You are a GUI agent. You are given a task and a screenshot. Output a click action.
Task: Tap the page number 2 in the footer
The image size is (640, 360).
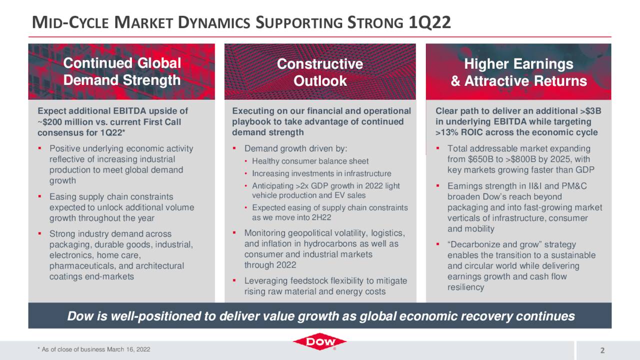click(602, 349)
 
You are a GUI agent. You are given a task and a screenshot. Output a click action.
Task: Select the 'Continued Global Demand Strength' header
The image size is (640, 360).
click(121, 71)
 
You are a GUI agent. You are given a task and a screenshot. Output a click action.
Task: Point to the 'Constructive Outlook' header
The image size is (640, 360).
click(320, 72)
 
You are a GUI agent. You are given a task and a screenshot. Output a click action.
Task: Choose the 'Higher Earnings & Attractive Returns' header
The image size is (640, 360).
click(518, 72)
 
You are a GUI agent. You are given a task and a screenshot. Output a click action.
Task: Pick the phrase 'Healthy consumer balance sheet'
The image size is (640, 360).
click(310, 161)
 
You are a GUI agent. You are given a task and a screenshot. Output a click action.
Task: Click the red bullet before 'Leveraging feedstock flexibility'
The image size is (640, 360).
click(234, 281)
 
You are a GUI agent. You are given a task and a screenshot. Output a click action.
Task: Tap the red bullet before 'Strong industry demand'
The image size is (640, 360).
click(39, 234)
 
